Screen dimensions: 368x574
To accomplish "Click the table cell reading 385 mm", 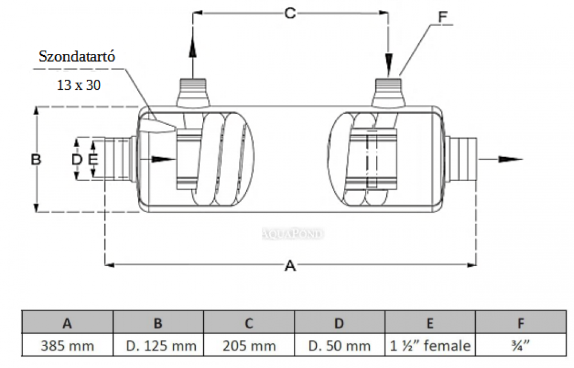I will [68, 346].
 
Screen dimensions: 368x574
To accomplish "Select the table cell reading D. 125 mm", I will [158, 346].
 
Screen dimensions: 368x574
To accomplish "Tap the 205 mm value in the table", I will [249, 346].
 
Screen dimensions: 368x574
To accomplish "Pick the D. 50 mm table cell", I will [339, 346].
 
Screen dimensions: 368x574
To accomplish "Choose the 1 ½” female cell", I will [430, 346].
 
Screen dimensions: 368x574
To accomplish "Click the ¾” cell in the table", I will [521, 346].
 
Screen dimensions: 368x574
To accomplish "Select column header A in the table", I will [68, 323].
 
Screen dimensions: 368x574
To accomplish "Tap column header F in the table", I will [521, 323].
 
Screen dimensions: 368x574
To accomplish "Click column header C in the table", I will [249, 323].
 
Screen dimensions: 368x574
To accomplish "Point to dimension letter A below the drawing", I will [290, 266].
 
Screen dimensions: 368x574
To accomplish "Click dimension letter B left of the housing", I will [36, 159].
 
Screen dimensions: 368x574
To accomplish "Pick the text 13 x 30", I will [79, 85].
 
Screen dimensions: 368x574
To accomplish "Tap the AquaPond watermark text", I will [293, 233].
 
